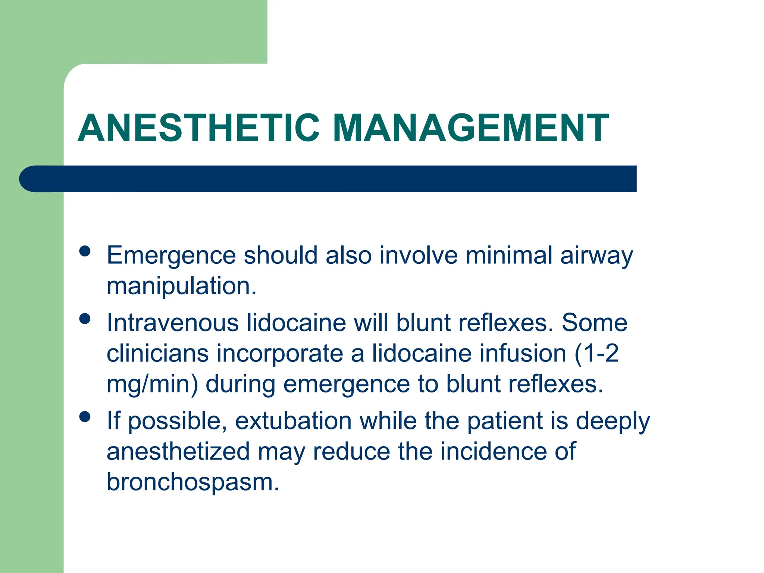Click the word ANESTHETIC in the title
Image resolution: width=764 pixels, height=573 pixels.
pyautogui.click(x=198, y=128)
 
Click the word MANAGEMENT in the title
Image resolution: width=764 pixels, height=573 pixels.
pyautogui.click(x=471, y=128)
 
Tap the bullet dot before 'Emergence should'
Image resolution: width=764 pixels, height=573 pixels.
pyautogui.click(x=85, y=251)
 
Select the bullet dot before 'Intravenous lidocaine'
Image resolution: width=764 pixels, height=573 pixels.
pyautogui.click(x=85, y=319)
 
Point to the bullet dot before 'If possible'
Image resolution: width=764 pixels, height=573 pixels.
pyautogui.click(x=85, y=417)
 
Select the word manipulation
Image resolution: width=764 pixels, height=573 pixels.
pyautogui.click(x=182, y=286)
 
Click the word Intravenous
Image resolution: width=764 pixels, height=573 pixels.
pyautogui.click(x=173, y=323)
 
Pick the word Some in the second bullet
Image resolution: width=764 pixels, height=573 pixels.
pyautogui.click(x=595, y=323)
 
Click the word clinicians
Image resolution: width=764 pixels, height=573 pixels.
pyautogui.click(x=157, y=354)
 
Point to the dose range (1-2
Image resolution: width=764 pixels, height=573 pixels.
pyautogui.click(x=596, y=354)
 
